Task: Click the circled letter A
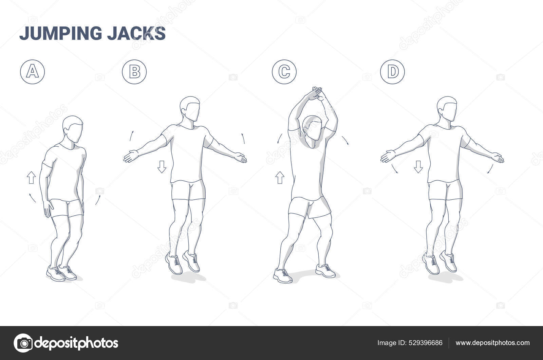[33, 72]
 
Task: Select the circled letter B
[134, 72]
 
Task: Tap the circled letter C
[284, 72]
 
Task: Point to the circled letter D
[392, 72]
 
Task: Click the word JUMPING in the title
[61, 33]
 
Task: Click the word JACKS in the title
[136, 33]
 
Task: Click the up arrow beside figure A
[31, 178]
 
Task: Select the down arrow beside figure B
[162, 167]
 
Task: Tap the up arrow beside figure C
[280, 178]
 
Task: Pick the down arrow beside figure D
[418, 167]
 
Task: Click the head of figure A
[73, 129]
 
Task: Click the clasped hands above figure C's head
[315, 94]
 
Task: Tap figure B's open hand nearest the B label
[131, 156]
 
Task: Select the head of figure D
[448, 109]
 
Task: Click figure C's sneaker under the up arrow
[283, 275]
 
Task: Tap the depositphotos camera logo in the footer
[23, 343]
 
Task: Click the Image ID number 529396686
[426, 343]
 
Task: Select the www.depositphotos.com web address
[492, 343]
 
